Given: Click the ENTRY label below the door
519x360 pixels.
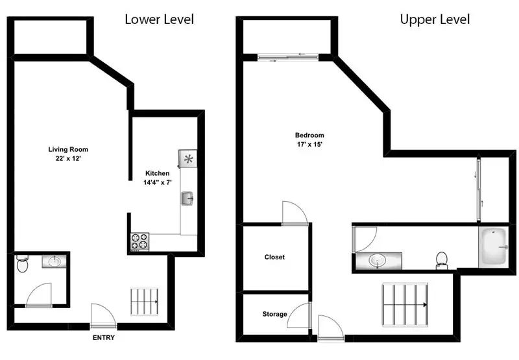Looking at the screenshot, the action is tap(104, 337).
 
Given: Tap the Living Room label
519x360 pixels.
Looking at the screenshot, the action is tap(68, 149).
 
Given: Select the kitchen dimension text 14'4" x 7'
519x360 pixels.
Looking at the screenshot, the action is tap(158, 182).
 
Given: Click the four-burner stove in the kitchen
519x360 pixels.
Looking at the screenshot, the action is tap(139, 241).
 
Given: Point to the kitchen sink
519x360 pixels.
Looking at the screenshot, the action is tap(187, 198).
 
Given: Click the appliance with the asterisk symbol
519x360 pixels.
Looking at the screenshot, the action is tap(188, 159).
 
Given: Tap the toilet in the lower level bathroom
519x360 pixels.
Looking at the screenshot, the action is tap(22, 263).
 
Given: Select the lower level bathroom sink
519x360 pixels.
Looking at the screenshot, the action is tap(54, 261).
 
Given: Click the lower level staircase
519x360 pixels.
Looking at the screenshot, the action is tap(144, 302).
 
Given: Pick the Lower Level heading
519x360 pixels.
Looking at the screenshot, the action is tap(159, 19).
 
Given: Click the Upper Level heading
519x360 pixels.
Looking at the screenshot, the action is tap(435, 19).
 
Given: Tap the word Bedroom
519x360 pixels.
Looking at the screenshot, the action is tap(309, 135).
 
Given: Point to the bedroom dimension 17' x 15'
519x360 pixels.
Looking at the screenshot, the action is tap(309, 144).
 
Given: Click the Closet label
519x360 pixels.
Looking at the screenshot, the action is tap(274, 257).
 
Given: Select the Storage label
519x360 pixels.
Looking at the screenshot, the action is tap(274, 314).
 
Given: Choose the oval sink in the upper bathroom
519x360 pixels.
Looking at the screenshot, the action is tap(378, 261).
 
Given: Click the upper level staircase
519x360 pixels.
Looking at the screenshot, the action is tap(405, 304).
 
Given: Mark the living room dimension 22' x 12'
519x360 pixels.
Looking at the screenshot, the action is tap(68, 158).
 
